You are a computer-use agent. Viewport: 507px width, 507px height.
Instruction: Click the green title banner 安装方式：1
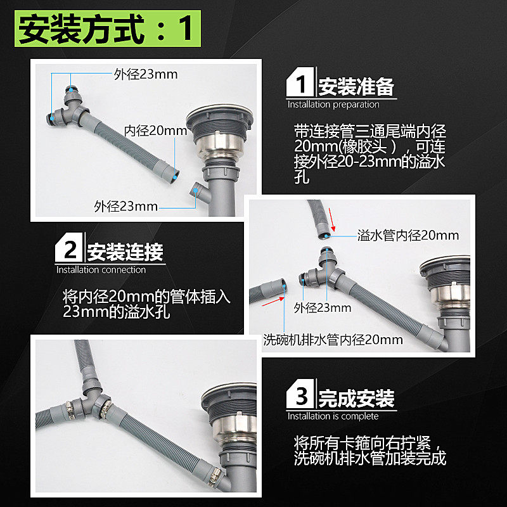point(108,29)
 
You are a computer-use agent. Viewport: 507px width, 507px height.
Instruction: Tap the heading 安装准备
point(356,87)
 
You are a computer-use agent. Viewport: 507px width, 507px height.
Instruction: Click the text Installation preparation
point(333,105)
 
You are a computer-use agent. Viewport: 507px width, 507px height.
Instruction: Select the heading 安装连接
point(125,252)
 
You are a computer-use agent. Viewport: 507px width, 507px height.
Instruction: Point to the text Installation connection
point(101,270)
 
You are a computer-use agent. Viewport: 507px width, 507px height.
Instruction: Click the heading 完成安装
point(356,399)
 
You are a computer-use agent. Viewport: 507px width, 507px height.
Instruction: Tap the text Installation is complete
point(333,416)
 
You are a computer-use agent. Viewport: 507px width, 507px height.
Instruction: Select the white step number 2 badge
point(69,247)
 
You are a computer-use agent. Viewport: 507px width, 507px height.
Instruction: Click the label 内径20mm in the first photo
point(155,131)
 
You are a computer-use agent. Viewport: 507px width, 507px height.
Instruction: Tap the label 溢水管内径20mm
point(408,235)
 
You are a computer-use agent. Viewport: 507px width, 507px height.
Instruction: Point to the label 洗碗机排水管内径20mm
point(333,340)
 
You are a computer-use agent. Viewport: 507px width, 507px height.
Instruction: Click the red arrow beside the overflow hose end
point(331,219)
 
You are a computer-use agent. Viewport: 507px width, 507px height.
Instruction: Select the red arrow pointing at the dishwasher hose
point(273,302)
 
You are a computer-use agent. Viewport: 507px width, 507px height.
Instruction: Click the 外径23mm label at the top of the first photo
point(146,74)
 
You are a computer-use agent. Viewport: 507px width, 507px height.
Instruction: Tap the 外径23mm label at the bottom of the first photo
point(125,207)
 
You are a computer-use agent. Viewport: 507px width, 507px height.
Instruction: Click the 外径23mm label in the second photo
point(323,307)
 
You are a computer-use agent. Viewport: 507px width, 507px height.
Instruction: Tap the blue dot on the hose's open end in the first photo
point(175,177)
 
